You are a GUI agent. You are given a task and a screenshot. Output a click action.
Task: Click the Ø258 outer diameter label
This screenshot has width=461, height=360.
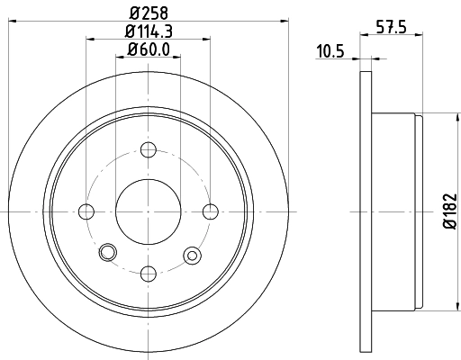tap(149, 13)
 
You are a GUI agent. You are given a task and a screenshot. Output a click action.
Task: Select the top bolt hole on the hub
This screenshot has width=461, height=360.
tap(149, 149)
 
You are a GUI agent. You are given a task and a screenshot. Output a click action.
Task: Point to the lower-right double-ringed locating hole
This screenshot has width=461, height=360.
tap(191, 256)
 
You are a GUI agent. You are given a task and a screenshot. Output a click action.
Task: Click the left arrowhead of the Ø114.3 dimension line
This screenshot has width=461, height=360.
tap(90, 38)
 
